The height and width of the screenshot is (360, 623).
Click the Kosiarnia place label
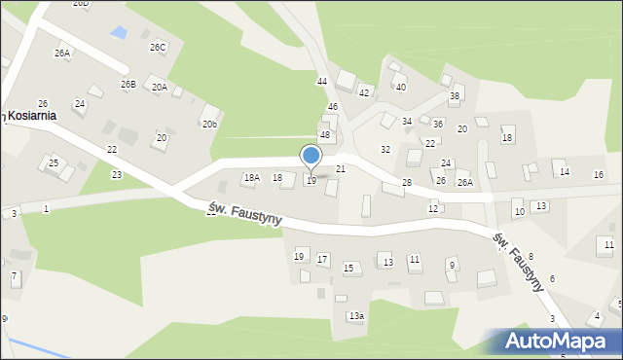pyautogui.click(x=32, y=115)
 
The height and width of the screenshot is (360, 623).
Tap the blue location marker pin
pyautogui.click(x=311, y=156)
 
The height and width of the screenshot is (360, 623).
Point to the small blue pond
pyautogui.click(x=119, y=33)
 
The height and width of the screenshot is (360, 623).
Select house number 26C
pyautogui.click(x=157, y=47)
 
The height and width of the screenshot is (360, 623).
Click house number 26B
pyautogui.click(x=128, y=85)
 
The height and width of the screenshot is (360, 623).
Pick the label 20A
pyautogui.click(x=159, y=87)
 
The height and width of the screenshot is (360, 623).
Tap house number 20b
pyautogui.click(x=209, y=125)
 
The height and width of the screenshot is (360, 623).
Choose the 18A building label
pyautogui.click(x=251, y=177)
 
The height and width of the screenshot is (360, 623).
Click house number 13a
pyautogui.click(x=356, y=316)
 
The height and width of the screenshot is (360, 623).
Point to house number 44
pyautogui.click(x=322, y=81)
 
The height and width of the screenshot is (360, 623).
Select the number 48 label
pyautogui.click(x=325, y=135)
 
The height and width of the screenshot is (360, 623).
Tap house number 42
pyautogui.click(x=364, y=92)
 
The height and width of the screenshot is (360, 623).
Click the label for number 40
pyautogui.click(x=400, y=88)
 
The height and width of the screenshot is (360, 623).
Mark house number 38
pyautogui.click(x=454, y=96)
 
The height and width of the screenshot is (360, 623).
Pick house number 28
pyautogui.click(x=406, y=183)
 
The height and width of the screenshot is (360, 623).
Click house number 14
pyautogui.click(x=564, y=172)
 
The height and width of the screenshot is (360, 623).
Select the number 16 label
pyautogui.click(x=599, y=174)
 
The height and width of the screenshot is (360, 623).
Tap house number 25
pyautogui.click(x=54, y=162)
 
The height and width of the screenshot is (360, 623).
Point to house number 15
pyautogui.click(x=348, y=268)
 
